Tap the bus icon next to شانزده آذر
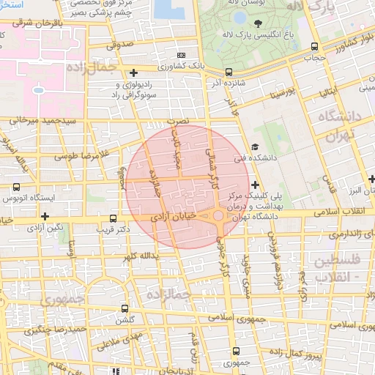229,72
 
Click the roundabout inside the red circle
218,215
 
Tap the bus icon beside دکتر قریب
113,218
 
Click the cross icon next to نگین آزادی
45,216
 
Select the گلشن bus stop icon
125,308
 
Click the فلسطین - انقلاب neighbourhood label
336,268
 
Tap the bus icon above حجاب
314,46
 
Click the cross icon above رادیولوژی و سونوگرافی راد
133,73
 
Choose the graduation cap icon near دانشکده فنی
254,146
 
